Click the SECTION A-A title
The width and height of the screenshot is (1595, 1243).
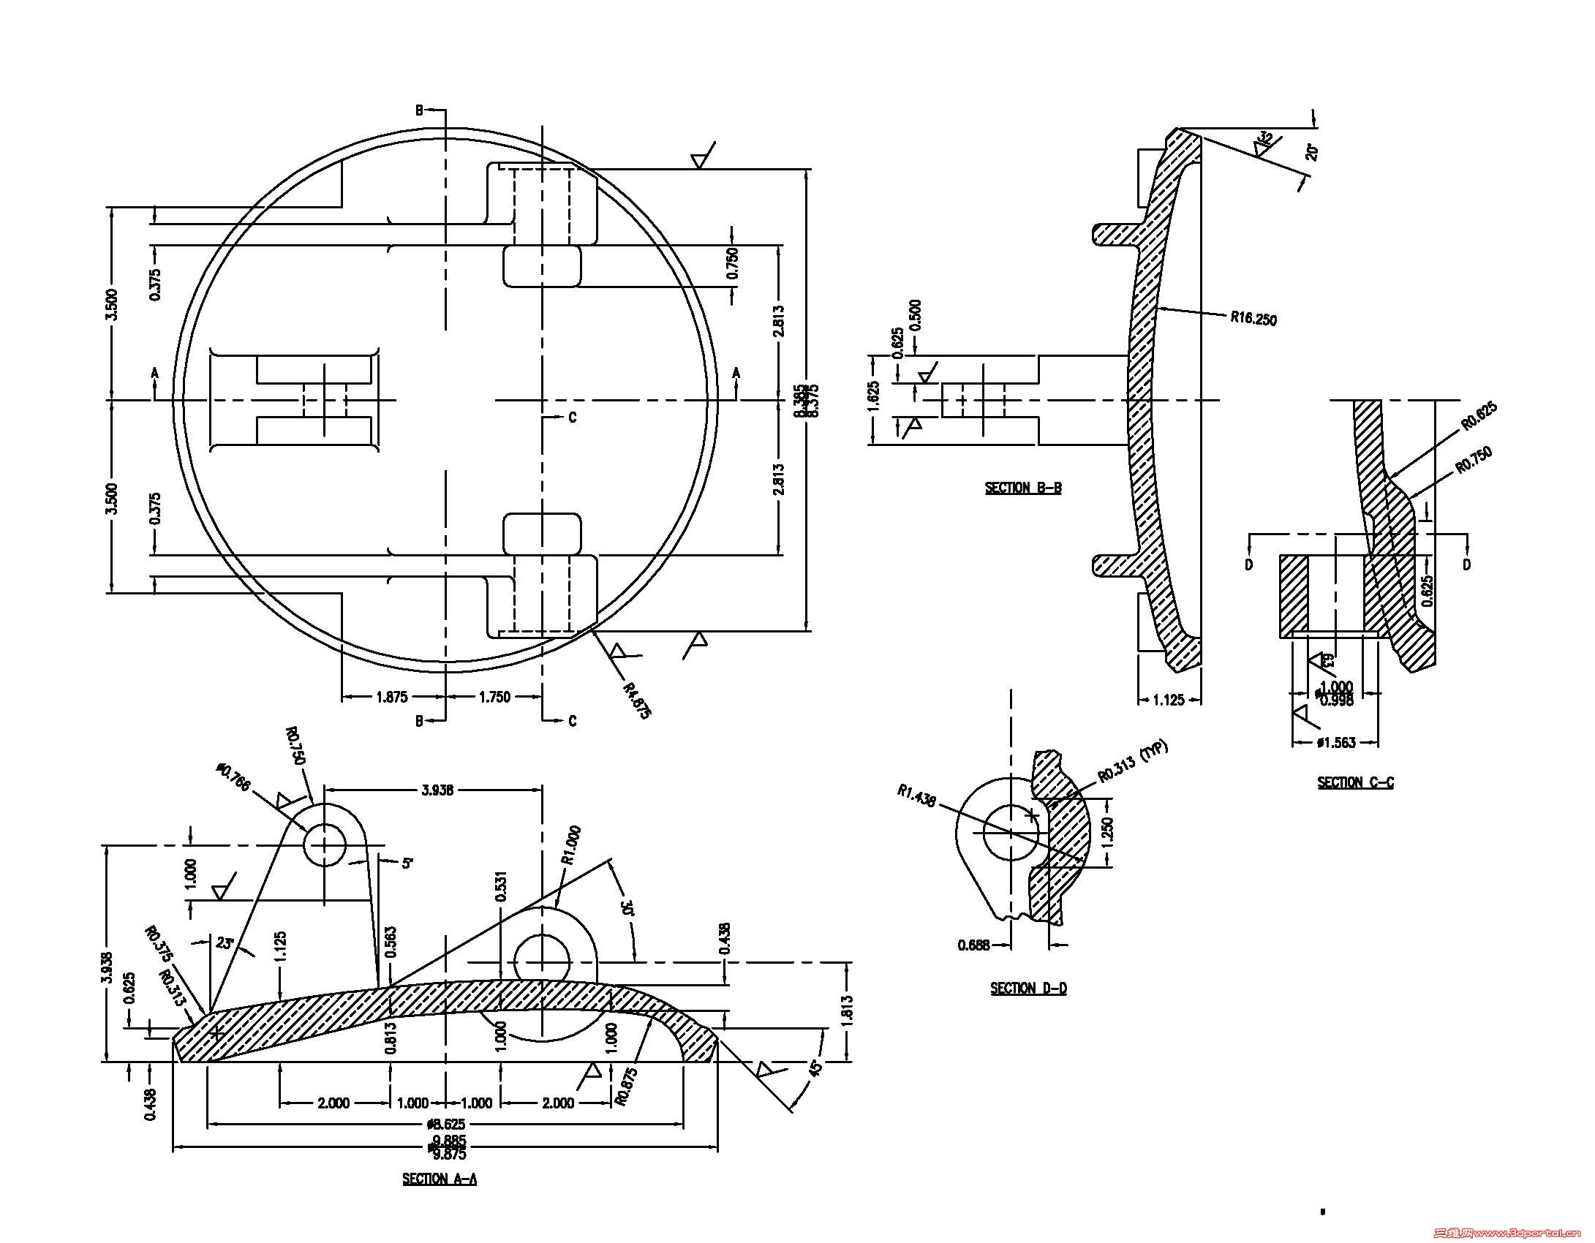click(440, 1179)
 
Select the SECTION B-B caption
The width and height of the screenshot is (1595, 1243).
click(1023, 488)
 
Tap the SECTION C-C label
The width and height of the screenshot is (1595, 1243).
click(1355, 782)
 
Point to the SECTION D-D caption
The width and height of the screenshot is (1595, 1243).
click(1028, 989)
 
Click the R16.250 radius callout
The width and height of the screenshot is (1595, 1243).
click(1253, 318)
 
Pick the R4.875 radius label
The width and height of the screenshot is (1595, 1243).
click(636, 700)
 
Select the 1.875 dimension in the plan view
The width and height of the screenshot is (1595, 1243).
click(392, 697)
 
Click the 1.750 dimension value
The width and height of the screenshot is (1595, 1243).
click(494, 697)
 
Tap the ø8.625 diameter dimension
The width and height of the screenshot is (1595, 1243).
click(447, 1124)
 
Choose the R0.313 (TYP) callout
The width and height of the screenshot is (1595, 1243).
click(1134, 761)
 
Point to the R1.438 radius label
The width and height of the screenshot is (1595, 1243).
click(916, 796)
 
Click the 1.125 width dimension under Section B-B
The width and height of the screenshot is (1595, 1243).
click(1168, 700)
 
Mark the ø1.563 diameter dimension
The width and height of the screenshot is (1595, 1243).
click(1335, 743)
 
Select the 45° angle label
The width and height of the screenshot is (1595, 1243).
click(816, 1067)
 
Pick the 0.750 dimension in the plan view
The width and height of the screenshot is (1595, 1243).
click(733, 263)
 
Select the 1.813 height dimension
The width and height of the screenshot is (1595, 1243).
click(847, 1011)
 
